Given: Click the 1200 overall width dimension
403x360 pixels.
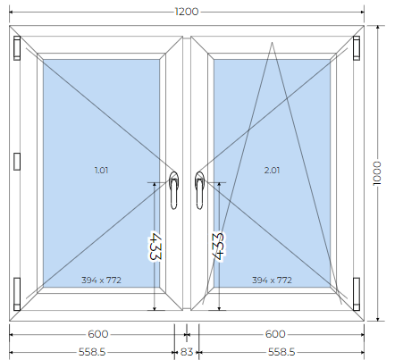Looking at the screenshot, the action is click(187, 12).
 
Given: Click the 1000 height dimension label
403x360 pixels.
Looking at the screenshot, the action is click(377, 173).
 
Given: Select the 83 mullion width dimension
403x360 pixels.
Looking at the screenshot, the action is click(187, 352).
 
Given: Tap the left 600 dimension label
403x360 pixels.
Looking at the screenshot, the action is click(98, 334).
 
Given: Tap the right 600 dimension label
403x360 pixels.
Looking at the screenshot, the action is click(275, 334).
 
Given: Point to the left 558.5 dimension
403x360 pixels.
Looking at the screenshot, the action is click(92, 352).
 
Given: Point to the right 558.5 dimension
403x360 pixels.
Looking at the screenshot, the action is click(281, 352).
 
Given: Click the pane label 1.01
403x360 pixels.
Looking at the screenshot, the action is click(101, 171).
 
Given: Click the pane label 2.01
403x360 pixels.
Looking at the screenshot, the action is click(272, 171).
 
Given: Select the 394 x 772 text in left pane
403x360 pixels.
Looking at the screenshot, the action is click(101, 280).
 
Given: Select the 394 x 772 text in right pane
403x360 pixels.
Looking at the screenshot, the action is click(272, 280).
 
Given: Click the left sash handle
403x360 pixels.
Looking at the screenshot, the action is click(173, 190).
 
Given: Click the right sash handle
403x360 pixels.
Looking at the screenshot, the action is click(199, 190).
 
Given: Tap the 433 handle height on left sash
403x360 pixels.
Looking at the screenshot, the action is click(155, 246).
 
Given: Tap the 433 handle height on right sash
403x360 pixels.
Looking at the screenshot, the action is click(218, 246).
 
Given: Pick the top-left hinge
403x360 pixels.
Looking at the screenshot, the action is click(17, 48).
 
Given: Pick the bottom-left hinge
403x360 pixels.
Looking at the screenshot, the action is click(17, 294).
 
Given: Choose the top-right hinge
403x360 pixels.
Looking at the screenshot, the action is click(357, 48).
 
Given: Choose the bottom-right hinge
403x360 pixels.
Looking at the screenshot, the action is click(357, 294).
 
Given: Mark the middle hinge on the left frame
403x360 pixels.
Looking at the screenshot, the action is click(17, 162).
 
